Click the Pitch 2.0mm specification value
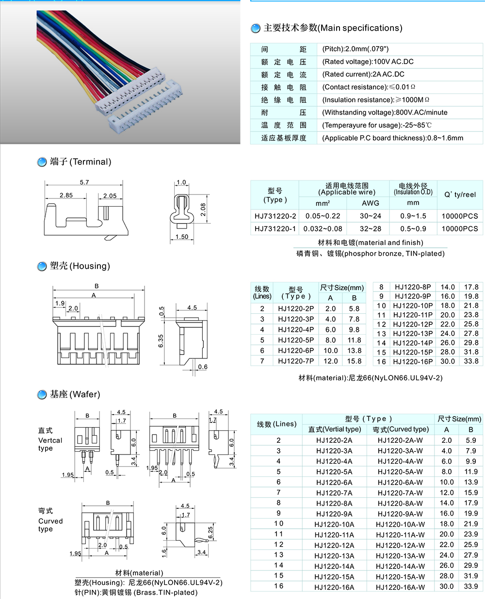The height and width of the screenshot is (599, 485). tap(356, 49)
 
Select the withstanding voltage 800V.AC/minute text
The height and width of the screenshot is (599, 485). tap(385, 113)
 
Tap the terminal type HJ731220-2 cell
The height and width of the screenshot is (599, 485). tap(275, 216)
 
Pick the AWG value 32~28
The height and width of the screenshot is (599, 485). tap(370, 228)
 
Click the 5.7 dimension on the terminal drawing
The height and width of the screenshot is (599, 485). tap(84, 182)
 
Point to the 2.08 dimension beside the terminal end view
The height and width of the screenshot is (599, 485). tap(203, 210)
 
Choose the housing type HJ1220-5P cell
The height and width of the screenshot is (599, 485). tap(296, 340)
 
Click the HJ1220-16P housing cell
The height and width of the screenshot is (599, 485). tap(413, 361)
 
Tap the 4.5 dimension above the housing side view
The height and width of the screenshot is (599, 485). tap(192, 308)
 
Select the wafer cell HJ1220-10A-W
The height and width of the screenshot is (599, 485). tap(400, 524)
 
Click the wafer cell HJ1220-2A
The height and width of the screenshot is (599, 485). tap(334, 440)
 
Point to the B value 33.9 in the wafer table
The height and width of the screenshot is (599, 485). tap(470, 586)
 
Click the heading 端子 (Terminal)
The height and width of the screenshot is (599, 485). tap(81, 162)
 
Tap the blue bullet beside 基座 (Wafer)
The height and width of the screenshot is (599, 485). tap(42, 395)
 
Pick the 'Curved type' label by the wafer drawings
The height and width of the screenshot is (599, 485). tap(50, 520)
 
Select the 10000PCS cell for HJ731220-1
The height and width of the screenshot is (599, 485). tap(460, 228)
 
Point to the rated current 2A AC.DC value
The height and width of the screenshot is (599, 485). tap(363, 75)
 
